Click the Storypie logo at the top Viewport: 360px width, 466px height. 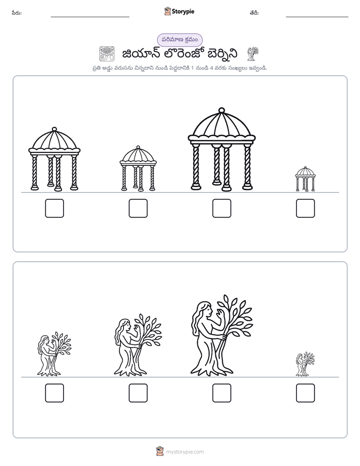pyautogui.click(x=179, y=11)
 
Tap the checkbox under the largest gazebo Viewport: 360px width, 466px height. pyautogui.click(x=221, y=208)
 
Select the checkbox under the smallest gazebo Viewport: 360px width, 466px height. pyautogui.click(x=306, y=208)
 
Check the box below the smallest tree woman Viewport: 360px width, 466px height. pyautogui.click(x=306, y=393)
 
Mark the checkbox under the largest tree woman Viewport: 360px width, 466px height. pyautogui.click(x=221, y=393)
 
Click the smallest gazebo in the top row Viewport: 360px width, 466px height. pyautogui.click(x=305, y=179)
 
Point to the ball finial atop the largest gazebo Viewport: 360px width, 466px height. pyautogui.click(x=221, y=110)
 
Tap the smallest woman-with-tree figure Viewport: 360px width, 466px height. pyautogui.click(x=305, y=364)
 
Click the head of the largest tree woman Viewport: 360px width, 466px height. pyautogui.click(x=205, y=309)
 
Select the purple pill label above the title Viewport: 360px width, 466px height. pyautogui.click(x=179, y=40)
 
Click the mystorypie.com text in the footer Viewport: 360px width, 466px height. pyautogui.click(x=185, y=452)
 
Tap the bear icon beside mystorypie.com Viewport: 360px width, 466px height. pyautogui.click(x=160, y=451)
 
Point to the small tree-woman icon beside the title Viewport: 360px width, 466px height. pyautogui.click(x=253, y=53)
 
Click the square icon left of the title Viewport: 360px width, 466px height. pyautogui.click(x=107, y=53)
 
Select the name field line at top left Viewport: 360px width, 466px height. pyautogui.click(x=90, y=17)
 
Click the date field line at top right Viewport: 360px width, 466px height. pyautogui.click(x=317, y=17)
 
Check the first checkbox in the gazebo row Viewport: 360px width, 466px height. pyautogui.click(x=54, y=208)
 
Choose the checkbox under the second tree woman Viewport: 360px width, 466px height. pyautogui.click(x=138, y=393)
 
